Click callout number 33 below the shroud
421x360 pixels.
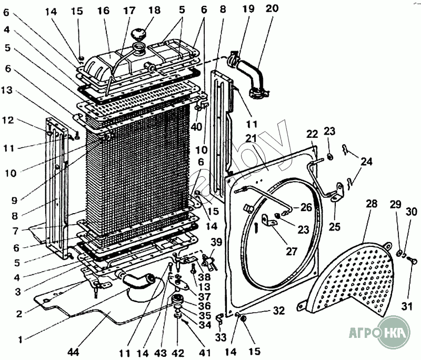pos(220,337)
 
